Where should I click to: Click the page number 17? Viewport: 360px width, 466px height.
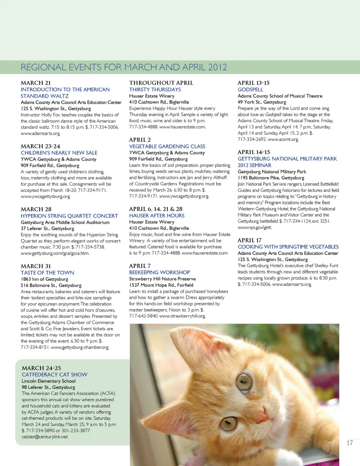pyautogui.click(x=349, y=443)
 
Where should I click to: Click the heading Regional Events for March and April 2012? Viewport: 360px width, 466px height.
pyautogui.click(x=124, y=67)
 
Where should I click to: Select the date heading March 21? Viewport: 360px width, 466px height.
pyautogui.click(x=36, y=83)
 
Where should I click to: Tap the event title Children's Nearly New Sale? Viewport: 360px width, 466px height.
pyautogui.click(x=59, y=153)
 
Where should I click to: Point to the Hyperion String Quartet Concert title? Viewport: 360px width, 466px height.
pyautogui.click(x=69, y=216)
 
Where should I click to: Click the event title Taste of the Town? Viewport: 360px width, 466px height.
pyautogui.click(x=47, y=273)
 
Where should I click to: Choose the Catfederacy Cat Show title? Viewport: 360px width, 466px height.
pyautogui.click(x=54, y=375)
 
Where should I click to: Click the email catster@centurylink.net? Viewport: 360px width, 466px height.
pyautogui.click(x=45, y=437)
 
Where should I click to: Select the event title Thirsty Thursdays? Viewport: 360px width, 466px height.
pyautogui.click(x=155, y=90)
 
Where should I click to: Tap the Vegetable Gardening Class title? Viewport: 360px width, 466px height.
pyautogui.click(x=167, y=146)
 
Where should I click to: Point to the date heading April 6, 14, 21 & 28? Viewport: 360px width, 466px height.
pyautogui.click(x=156, y=209)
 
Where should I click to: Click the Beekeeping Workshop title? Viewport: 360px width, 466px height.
pyautogui.click(x=159, y=273)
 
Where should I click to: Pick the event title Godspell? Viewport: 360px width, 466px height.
pyautogui.click(x=250, y=90)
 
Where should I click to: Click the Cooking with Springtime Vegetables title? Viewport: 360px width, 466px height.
pyautogui.click(x=288, y=247)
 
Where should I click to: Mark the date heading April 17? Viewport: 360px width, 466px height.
pyautogui.click(x=249, y=240)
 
